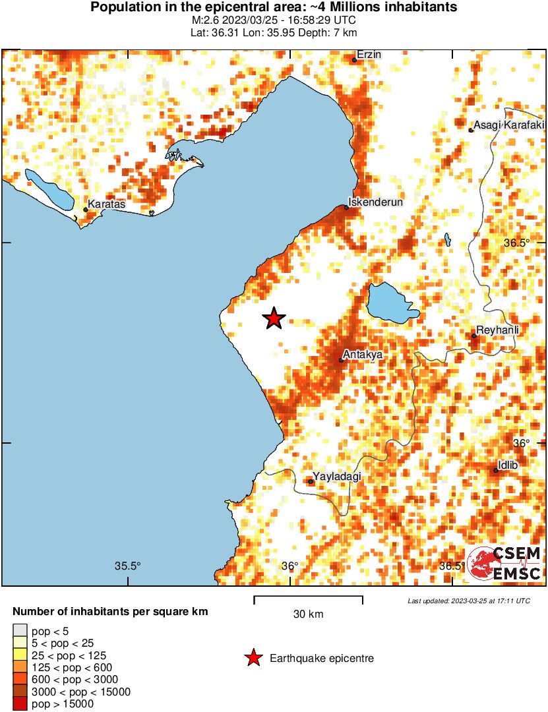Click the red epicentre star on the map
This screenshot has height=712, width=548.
[274, 318]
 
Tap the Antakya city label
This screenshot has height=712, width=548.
[363, 355]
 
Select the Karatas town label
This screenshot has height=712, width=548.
[106, 204]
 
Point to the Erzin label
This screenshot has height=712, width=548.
[369, 55]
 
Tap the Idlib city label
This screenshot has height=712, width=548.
[508, 465]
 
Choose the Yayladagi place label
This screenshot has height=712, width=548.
[338, 477]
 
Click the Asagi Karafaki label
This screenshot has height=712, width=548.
[509, 125]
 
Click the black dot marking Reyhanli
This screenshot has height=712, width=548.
[474, 336]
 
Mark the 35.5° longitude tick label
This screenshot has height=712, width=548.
[128, 566]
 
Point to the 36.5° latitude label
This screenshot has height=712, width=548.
[516, 243]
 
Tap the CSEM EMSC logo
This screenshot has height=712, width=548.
[504, 563]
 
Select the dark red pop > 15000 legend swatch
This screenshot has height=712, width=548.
[20, 704]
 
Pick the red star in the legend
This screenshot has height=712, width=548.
[253, 657]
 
